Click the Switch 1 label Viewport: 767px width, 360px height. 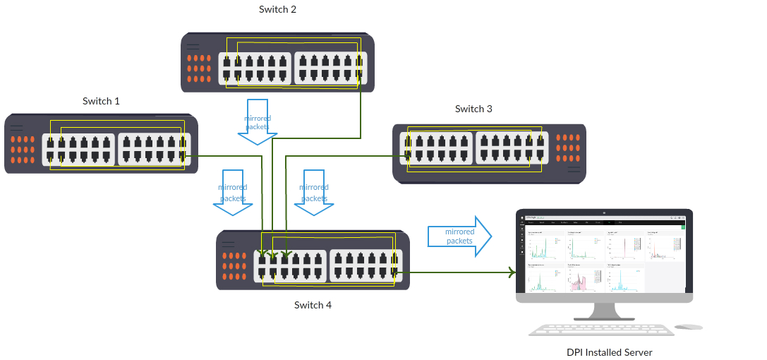[101, 101]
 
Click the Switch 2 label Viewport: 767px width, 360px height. [278, 9]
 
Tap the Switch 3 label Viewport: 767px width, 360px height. [473, 109]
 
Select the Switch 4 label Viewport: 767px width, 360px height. [313, 305]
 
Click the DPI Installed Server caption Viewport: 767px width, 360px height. [609, 352]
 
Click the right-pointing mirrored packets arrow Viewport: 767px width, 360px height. [459, 236]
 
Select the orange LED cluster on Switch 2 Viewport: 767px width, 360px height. [200, 69]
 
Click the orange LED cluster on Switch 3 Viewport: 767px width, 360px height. [567, 149]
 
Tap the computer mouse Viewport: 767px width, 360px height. [688, 327]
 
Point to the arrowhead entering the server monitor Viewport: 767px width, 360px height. [510, 271]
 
